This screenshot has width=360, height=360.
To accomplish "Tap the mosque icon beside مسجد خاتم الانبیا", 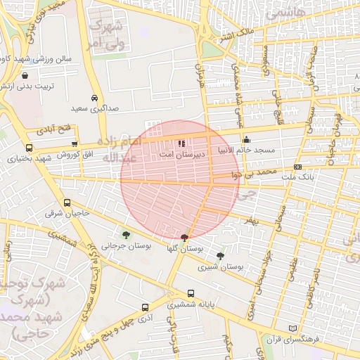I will (246, 139).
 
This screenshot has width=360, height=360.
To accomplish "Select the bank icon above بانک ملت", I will (298, 167).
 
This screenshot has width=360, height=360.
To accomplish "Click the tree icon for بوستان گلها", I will (184, 238).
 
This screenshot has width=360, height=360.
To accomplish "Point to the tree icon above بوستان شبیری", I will (221, 256).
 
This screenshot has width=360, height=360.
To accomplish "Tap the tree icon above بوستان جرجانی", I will (126, 235).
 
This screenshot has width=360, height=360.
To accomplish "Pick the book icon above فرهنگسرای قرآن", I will (293, 328).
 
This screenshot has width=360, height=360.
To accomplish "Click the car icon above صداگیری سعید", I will (95, 98).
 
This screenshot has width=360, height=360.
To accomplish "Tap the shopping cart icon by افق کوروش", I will (75, 143).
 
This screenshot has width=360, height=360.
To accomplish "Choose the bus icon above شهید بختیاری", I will (29, 148).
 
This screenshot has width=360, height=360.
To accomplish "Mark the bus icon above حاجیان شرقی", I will (67, 202).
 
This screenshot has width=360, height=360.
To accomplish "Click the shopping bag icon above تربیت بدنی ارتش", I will (25, 75).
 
